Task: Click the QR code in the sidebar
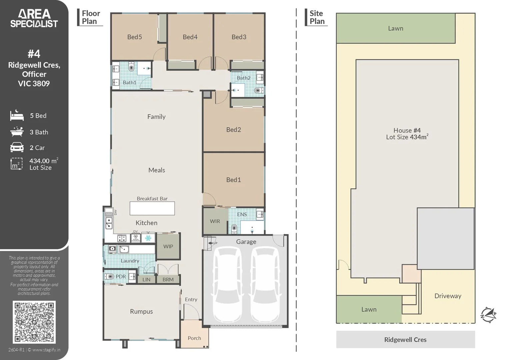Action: click(34, 322)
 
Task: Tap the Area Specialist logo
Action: click(34, 19)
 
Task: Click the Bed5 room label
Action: click(134, 37)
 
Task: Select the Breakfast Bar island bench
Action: click(152, 208)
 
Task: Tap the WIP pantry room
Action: click(168, 246)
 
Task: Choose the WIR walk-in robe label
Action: click(215, 221)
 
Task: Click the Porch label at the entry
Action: click(194, 338)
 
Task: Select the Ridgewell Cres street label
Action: click(405, 340)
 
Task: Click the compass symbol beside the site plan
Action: click(488, 315)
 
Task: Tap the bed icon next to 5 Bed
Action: click(17, 116)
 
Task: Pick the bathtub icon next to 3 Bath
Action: click(17, 132)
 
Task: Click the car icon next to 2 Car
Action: click(17, 147)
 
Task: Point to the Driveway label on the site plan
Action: click(448, 296)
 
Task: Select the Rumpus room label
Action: click(141, 311)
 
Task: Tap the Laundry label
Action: click(130, 261)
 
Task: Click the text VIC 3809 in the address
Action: click(34, 84)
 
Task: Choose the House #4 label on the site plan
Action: click(407, 130)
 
